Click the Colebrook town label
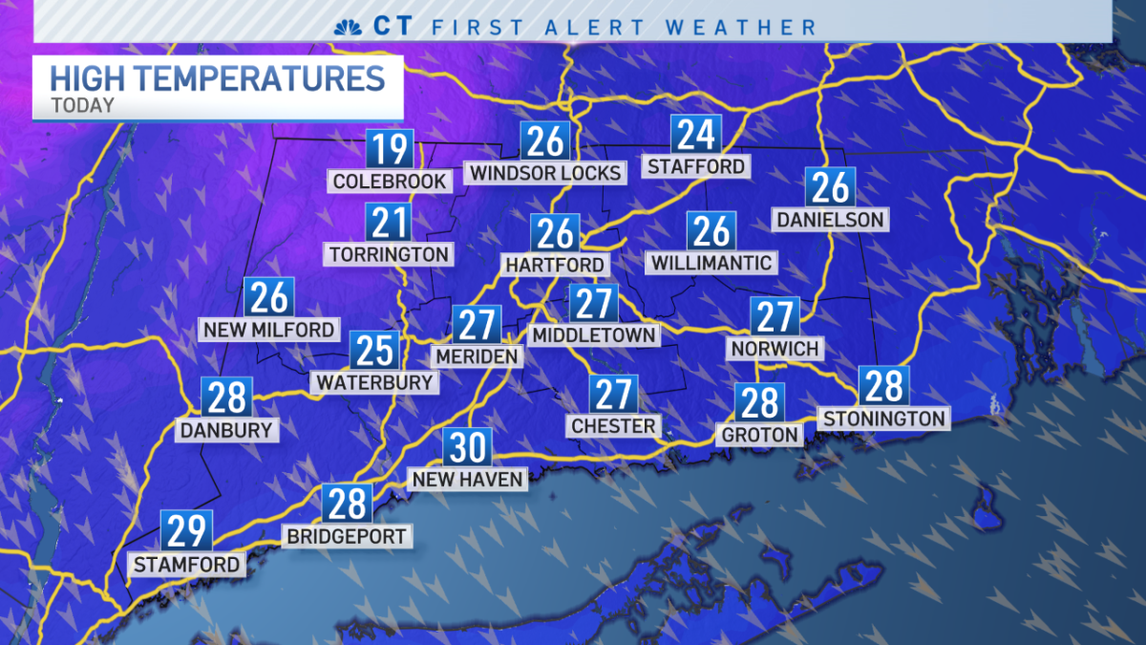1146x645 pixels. click(390, 182)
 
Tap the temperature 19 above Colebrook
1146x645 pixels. click(390, 150)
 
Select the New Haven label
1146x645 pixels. click(467, 479)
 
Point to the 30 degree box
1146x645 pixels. click(467, 447)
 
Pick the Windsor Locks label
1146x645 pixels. click(545, 173)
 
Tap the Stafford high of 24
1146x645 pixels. click(695, 136)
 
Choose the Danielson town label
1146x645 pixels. click(830, 220)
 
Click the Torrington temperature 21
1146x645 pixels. click(390, 223)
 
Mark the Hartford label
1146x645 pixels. click(555, 265)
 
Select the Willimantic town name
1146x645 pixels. click(711, 262)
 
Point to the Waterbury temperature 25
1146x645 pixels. click(374, 351)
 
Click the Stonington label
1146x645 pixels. click(883, 418)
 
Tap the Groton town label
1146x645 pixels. click(759, 435)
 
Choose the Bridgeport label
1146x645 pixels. click(348, 536)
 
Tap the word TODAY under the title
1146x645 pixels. click(82, 106)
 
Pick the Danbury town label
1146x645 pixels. click(226, 430)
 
